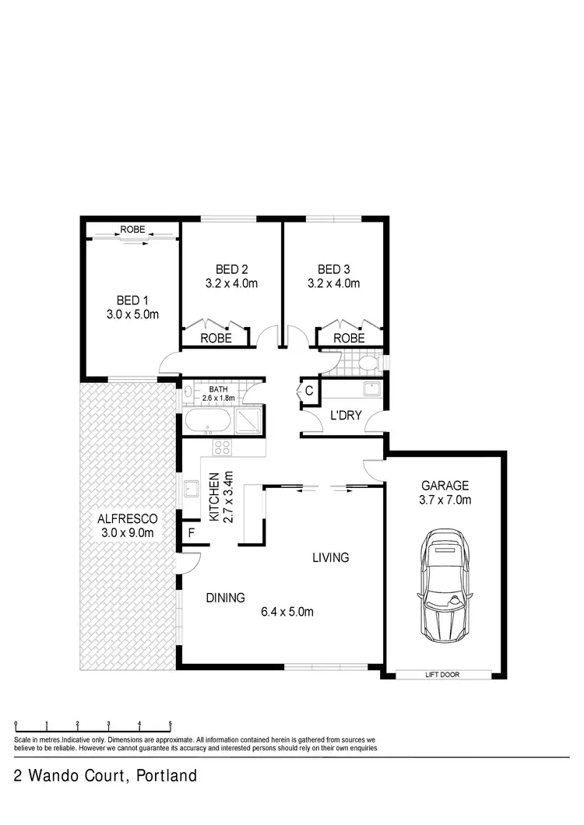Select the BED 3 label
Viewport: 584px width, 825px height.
pos(334,269)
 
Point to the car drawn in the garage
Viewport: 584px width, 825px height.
pos(446,585)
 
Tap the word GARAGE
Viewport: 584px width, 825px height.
pos(441,485)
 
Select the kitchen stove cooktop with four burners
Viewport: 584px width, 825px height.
pos(222,448)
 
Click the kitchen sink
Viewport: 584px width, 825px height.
pos(190,490)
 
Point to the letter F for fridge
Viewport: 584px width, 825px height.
pos(191,533)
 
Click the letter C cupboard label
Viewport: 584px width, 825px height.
pos(308,391)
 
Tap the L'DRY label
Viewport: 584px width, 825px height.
pos(346,416)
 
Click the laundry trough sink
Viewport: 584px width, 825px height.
pos(371,388)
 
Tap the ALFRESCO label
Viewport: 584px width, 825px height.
pos(127,518)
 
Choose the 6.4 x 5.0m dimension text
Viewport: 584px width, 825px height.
pos(287,612)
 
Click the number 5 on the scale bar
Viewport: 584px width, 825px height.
pos(170,724)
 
